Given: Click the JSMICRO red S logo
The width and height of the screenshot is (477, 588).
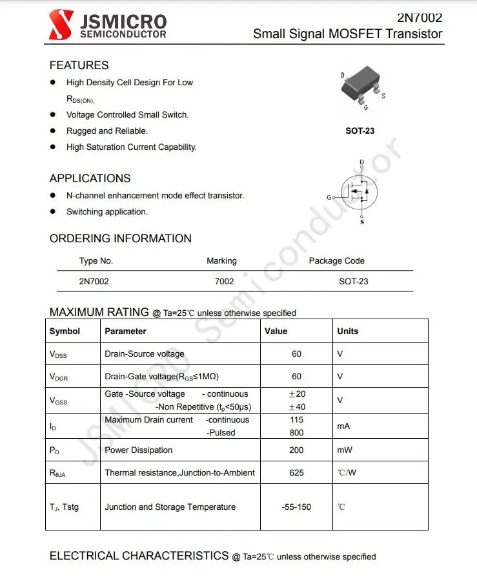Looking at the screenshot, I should (x=61, y=25).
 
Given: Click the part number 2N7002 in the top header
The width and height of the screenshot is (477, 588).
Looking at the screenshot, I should (x=420, y=17).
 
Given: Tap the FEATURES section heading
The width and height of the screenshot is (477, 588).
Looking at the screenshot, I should (x=79, y=65).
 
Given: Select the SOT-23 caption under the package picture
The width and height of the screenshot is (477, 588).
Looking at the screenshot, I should (x=360, y=131).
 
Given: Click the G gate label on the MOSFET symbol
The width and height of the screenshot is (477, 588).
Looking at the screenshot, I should (x=329, y=197).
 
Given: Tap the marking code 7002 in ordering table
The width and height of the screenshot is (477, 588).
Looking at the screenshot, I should (x=224, y=281).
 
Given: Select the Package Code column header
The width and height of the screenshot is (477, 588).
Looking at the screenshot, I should (x=336, y=261).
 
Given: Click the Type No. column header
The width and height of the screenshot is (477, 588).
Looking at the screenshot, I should (x=96, y=261).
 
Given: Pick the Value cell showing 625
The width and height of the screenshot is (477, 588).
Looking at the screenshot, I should (x=296, y=472).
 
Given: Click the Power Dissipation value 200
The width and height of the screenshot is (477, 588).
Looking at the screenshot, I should (x=296, y=450).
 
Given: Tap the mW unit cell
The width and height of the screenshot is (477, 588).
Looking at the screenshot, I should (x=345, y=450).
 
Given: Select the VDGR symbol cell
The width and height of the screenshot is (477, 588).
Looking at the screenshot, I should (x=59, y=377).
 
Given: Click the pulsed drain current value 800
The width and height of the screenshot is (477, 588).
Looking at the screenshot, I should (x=296, y=432).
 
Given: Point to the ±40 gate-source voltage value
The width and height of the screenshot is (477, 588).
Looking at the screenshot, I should (x=296, y=406).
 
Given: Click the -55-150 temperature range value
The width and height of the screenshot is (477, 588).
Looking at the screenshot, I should (x=296, y=507).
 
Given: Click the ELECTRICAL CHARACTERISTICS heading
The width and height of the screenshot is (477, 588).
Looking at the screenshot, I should (x=139, y=556).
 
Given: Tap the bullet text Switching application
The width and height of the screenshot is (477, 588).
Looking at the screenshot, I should (x=107, y=211).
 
